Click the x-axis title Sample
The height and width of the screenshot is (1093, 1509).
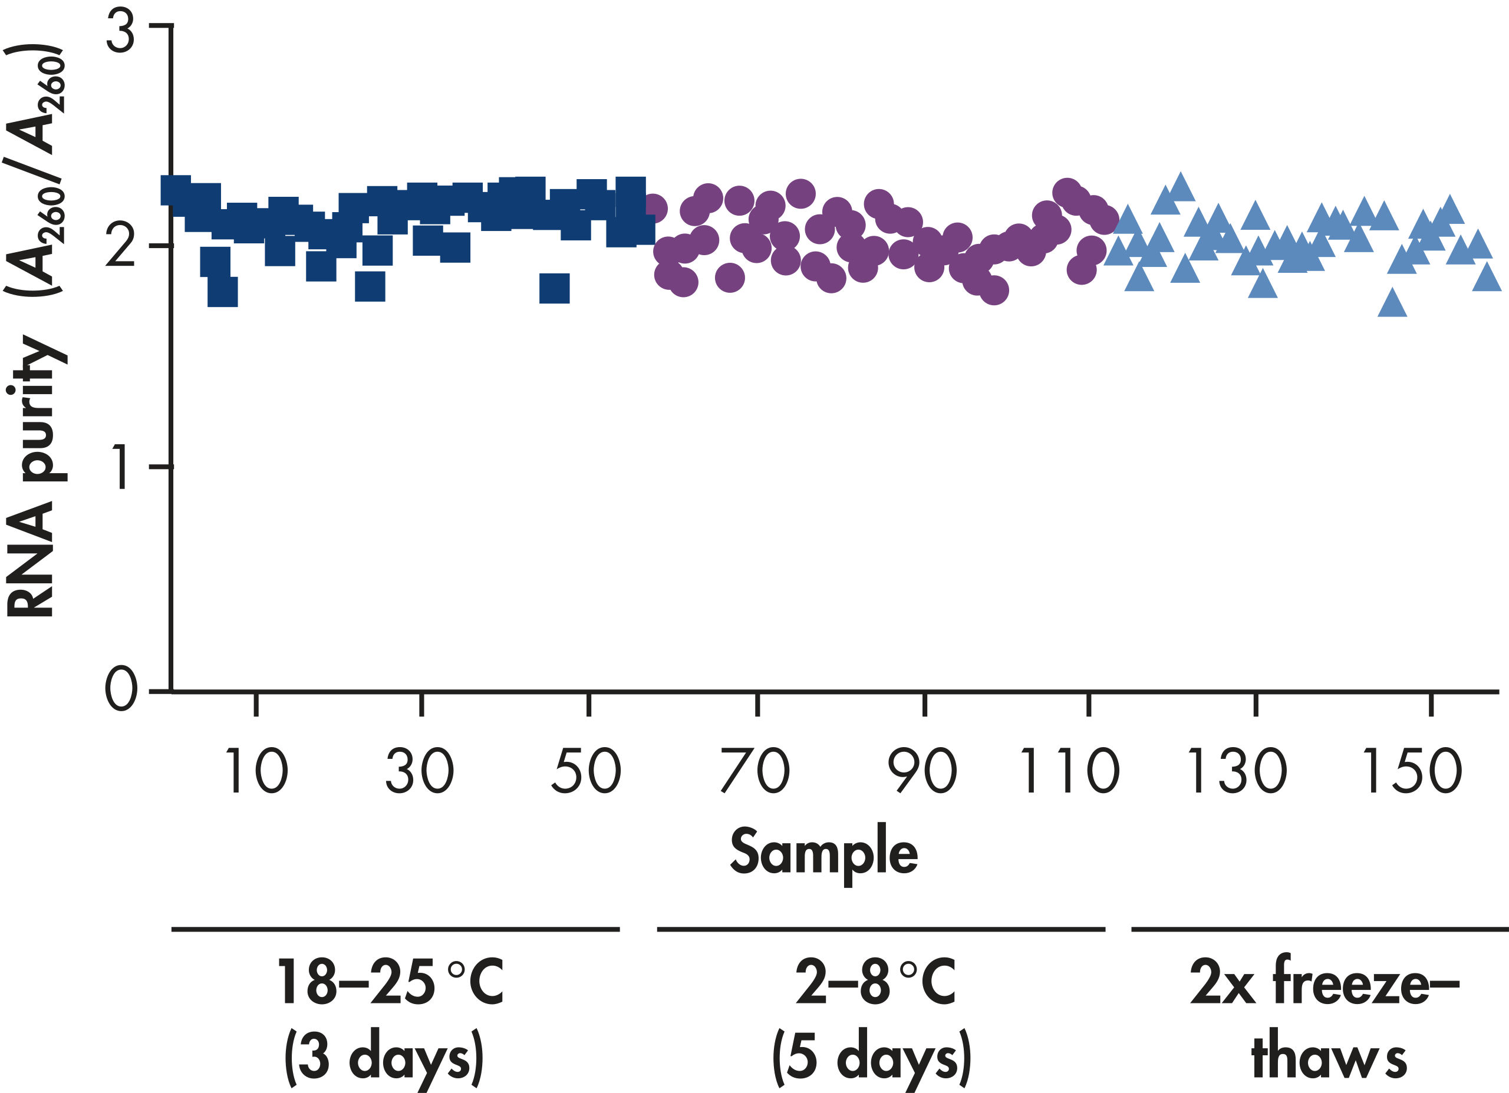(823, 852)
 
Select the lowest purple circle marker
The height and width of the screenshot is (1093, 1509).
(994, 290)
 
